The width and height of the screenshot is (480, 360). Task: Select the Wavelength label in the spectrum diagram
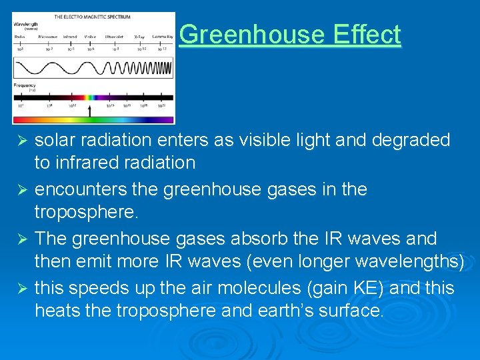coord(25,24)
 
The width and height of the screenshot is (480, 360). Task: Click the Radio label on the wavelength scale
coord(21,37)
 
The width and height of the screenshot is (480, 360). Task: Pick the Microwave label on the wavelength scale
coord(48,37)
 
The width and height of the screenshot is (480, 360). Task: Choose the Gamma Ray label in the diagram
coord(162,37)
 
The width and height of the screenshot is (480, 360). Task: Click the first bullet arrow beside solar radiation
coord(21,141)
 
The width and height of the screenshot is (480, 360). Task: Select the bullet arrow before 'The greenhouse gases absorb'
coord(21,239)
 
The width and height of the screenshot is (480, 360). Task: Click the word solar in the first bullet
coord(55,141)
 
